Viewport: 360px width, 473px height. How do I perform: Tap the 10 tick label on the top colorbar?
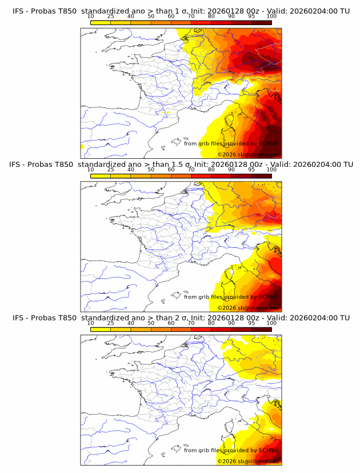tap(90, 16)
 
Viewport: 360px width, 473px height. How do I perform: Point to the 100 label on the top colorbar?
tap(271, 16)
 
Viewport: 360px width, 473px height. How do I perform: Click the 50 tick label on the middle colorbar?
tap(151, 170)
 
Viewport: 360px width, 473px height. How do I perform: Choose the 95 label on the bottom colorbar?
tap(251, 323)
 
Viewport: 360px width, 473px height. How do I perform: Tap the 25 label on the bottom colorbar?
tap(110, 323)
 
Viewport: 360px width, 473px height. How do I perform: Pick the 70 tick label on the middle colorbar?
tap(191, 170)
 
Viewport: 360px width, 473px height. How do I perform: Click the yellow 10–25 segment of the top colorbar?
tap(101, 22)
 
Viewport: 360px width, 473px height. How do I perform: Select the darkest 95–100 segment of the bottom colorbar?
tap(261, 328)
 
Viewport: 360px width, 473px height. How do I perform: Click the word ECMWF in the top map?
tap(269, 143)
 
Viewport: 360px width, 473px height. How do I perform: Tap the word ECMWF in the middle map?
tap(269, 296)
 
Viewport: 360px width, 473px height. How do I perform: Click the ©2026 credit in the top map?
tap(227, 154)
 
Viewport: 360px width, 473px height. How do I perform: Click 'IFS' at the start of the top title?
tap(18, 11)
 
